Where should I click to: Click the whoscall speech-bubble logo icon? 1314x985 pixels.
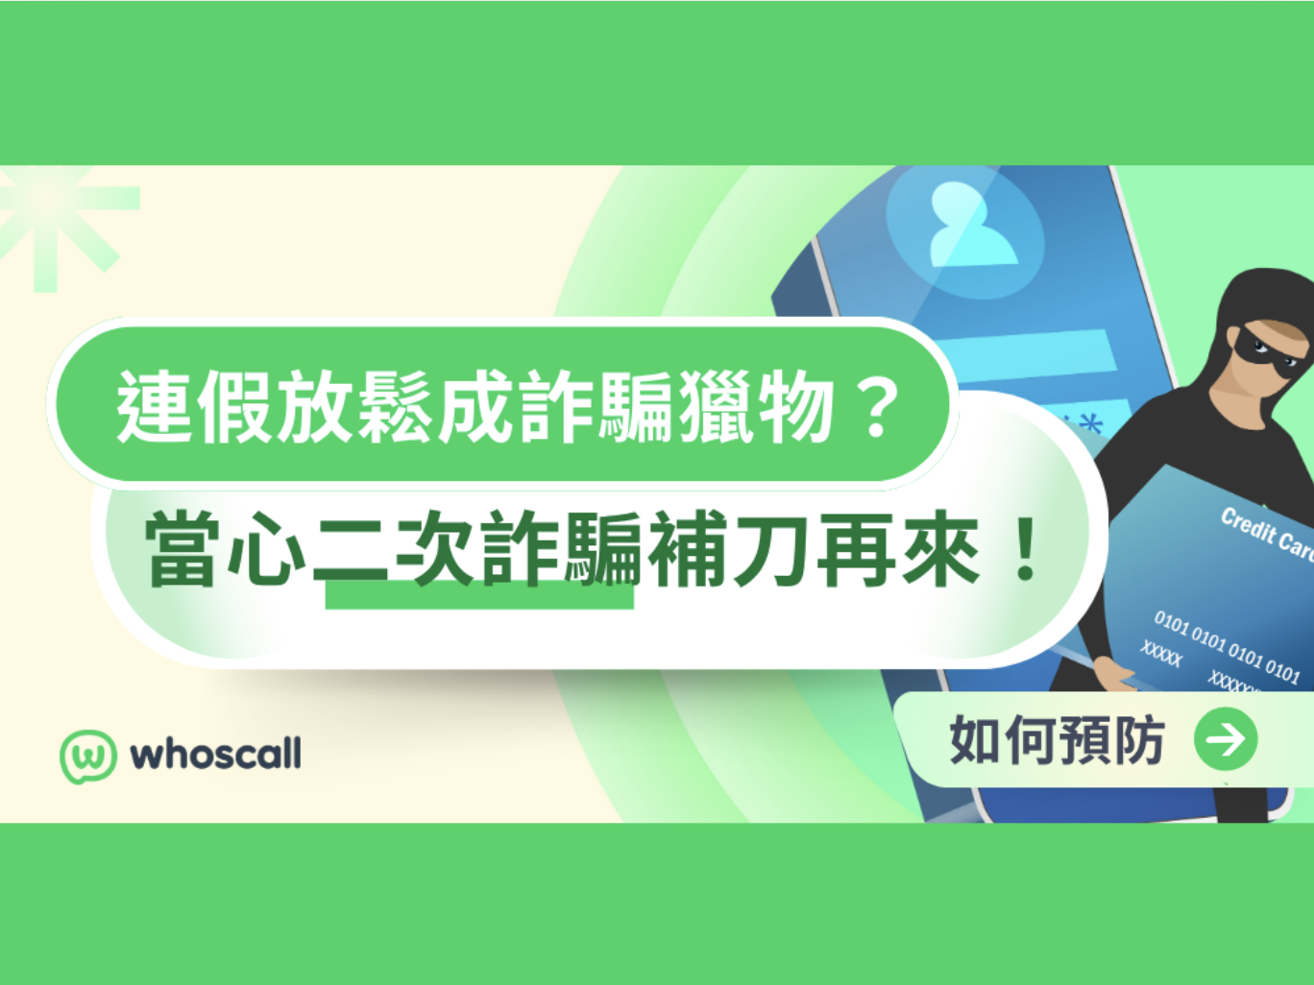(88, 756)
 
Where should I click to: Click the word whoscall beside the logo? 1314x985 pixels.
(216, 755)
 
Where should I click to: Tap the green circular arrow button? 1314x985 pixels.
(1226, 739)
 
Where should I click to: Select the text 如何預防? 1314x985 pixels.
(1057, 740)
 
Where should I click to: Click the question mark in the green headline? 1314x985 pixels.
(878, 408)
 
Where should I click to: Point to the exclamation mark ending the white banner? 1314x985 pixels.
(1026, 549)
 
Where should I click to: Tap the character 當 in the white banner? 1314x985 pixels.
(183, 549)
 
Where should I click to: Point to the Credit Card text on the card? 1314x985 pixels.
(1266, 534)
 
